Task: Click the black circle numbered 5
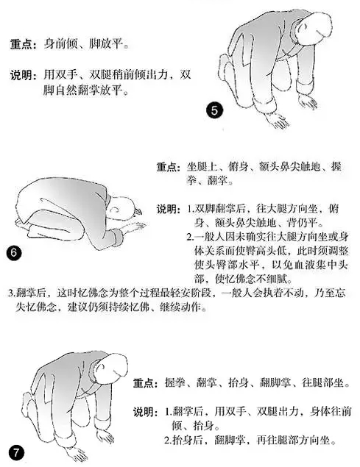pos(214,110)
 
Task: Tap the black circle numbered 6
pos(14,253)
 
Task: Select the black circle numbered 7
pos(16,453)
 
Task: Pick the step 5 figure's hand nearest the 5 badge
pos(277,120)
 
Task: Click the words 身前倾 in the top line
pos(60,44)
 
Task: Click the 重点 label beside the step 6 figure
pos(168,167)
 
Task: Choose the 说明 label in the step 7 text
pos(145,412)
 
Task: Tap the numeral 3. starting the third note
pos(12,293)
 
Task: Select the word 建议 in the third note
pos(77,307)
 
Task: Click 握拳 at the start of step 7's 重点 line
pos(175,382)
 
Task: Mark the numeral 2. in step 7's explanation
pos(169,440)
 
